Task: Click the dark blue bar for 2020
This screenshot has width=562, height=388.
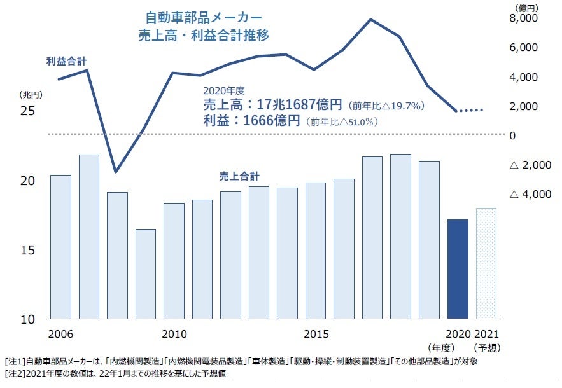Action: coord(458,268)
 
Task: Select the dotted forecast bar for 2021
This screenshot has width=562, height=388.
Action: coord(486,263)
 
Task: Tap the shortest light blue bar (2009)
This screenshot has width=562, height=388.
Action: coord(146,274)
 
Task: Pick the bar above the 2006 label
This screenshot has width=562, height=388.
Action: coord(60,246)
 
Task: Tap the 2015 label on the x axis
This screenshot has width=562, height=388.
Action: coord(316,334)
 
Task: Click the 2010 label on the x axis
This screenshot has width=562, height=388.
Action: coord(174,334)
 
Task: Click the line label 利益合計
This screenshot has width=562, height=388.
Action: coord(66,61)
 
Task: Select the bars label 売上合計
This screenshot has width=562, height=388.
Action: coord(239,176)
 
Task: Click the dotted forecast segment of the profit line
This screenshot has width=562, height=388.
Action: coord(472,111)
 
